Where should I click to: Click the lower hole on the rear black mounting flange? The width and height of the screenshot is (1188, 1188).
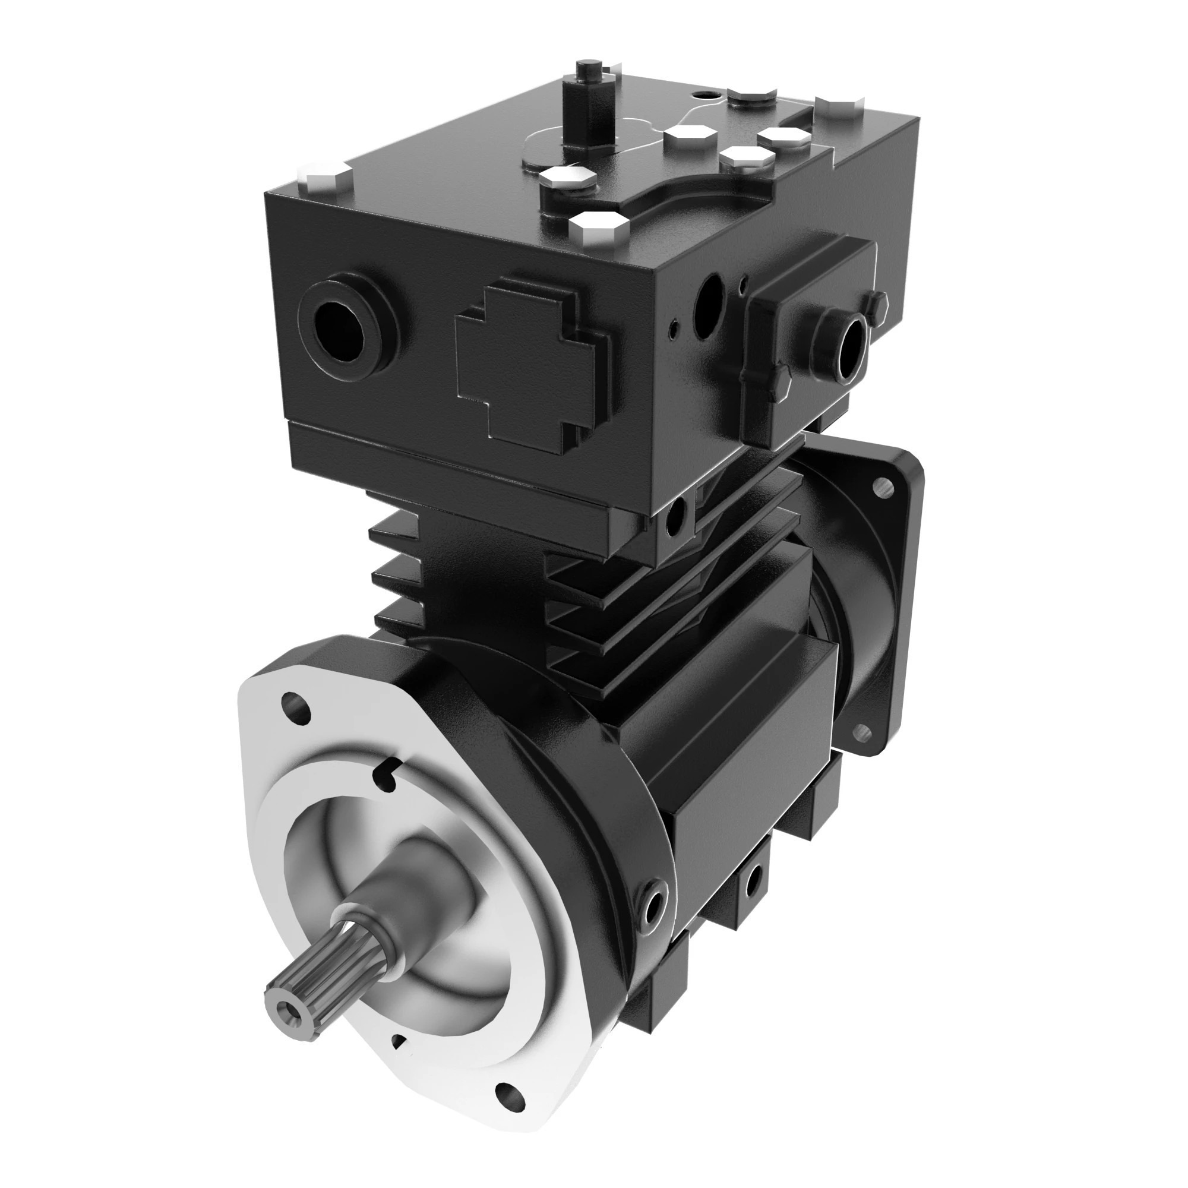[x=861, y=731]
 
